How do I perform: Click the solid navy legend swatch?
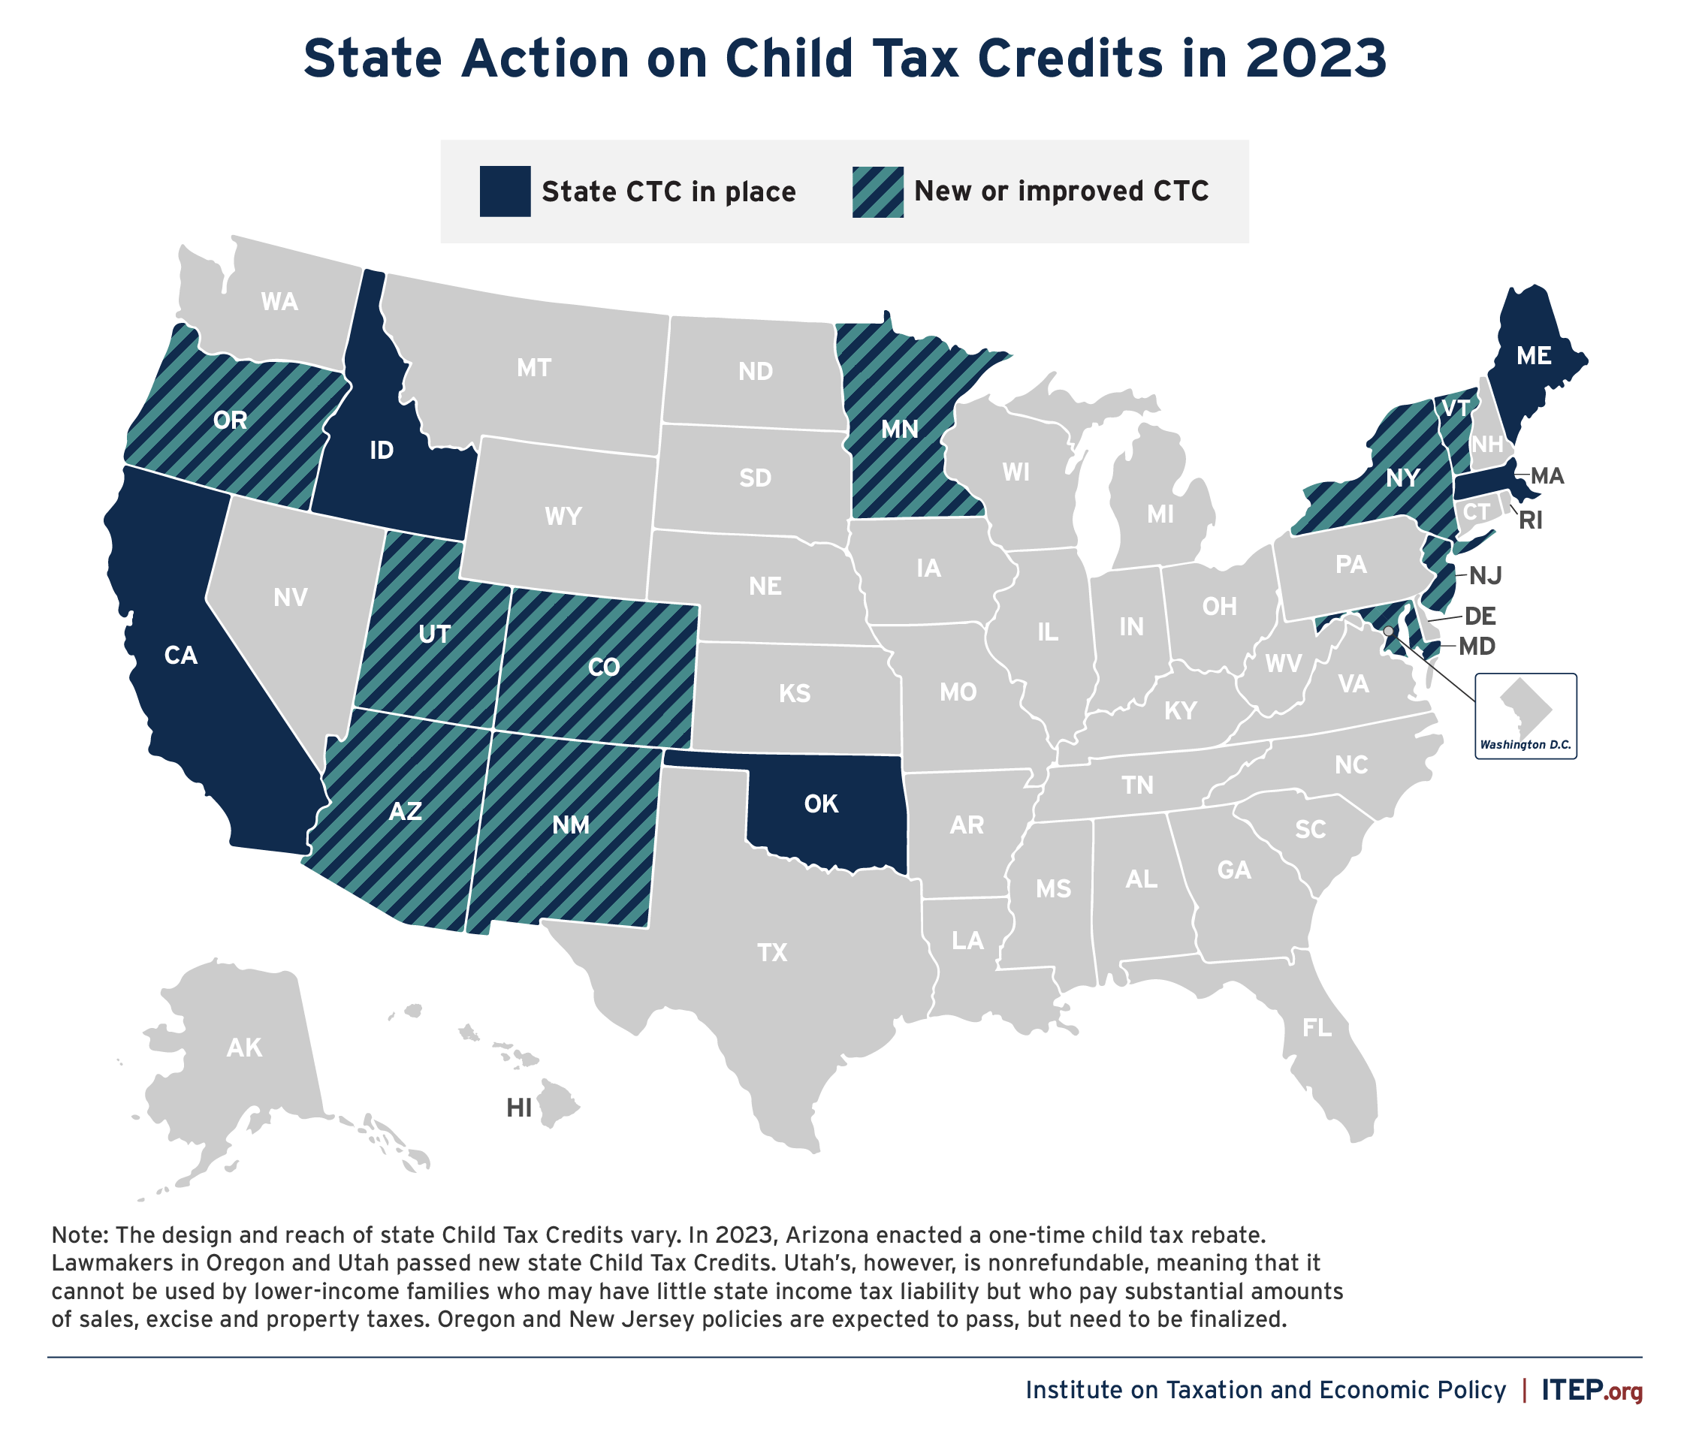click(x=505, y=191)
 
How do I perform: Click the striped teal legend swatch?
click(x=877, y=191)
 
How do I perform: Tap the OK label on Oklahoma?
click(x=821, y=803)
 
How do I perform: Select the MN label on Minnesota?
click(x=899, y=429)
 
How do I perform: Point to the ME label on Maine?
click(x=1534, y=356)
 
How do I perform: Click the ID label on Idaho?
click(x=382, y=451)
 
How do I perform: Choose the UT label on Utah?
click(x=434, y=634)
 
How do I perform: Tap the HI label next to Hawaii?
click(x=519, y=1108)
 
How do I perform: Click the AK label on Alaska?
click(x=244, y=1048)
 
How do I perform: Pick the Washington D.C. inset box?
click(x=1526, y=716)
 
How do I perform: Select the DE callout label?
click(x=1480, y=617)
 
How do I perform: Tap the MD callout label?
click(x=1477, y=647)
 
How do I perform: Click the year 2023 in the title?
click(x=1316, y=59)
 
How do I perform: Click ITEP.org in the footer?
click(x=1591, y=1390)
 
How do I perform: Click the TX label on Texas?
click(x=772, y=952)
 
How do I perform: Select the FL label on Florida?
click(x=1317, y=1028)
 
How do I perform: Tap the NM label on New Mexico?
click(x=570, y=825)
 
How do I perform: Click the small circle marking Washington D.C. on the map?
click(x=1389, y=630)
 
